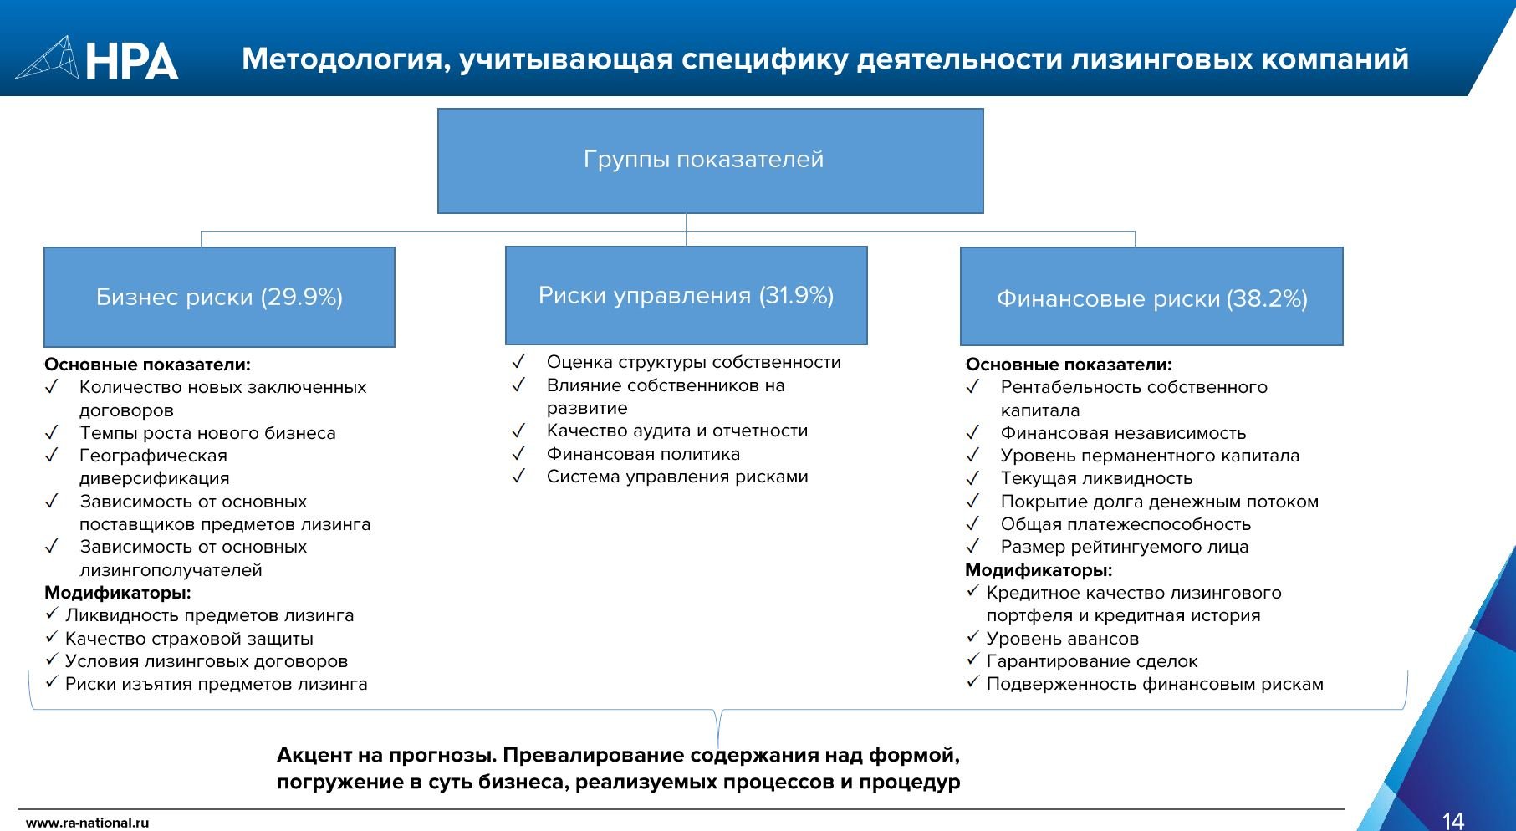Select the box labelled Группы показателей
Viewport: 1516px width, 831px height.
(710, 161)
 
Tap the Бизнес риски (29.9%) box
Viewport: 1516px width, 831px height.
(219, 297)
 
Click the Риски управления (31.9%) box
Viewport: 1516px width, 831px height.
(686, 295)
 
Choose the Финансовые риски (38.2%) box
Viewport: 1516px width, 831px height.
(1151, 298)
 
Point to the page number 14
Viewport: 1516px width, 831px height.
(1453, 820)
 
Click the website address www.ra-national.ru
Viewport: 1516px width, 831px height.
(87, 823)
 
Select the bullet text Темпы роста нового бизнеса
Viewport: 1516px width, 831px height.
(207, 433)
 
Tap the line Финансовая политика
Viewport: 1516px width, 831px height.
(643, 454)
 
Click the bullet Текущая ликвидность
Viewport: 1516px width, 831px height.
(1096, 478)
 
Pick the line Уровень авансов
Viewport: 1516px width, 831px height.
(1062, 639)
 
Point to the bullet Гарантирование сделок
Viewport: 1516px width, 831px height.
(1092, 661)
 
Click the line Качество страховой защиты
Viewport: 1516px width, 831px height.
(189, 639)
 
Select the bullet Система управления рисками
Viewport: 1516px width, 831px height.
(677, 477)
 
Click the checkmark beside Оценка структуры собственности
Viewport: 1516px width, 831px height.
(518, 362)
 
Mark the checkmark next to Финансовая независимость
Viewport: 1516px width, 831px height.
(972, 433)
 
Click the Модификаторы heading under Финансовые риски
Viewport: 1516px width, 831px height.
(1039, 570)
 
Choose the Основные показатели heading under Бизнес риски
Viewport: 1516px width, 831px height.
(147, 365)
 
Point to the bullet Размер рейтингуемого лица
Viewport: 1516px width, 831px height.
(1124, 547)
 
